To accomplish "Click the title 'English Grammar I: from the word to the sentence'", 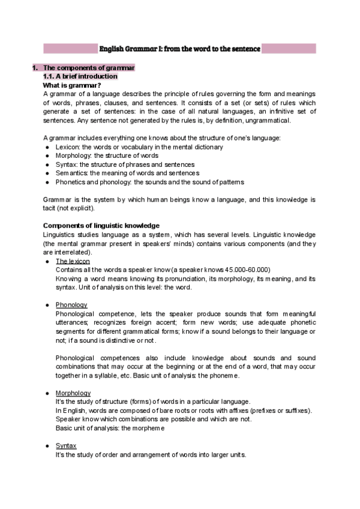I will point(179,49).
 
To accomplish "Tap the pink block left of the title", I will point(70,49).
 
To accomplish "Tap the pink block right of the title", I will point(289,49).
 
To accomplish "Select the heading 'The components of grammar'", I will point(89,68).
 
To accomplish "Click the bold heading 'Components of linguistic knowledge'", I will point(101,225).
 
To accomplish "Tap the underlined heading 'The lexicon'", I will point(73,261).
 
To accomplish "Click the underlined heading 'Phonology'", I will point(71,305).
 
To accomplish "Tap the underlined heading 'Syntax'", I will point(66,445).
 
